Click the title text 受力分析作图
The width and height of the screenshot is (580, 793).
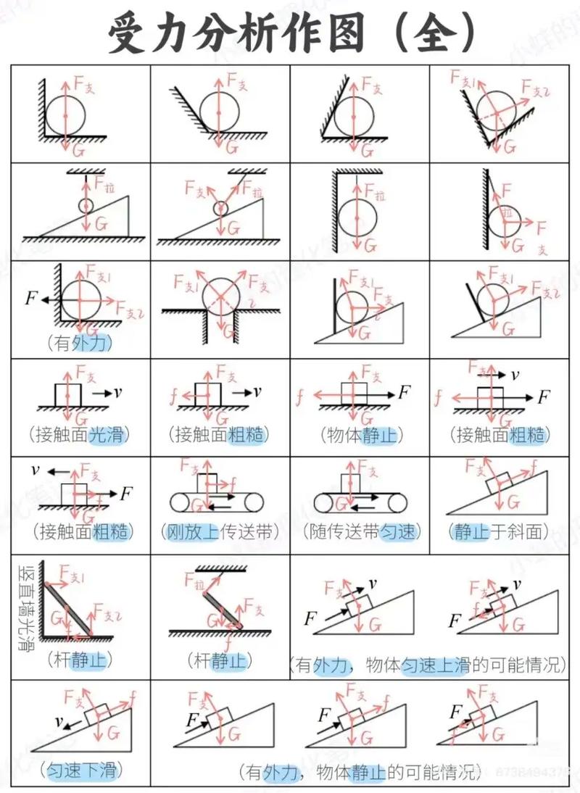236,33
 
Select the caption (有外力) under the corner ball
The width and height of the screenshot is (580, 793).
80,343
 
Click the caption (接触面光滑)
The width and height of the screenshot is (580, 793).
80,435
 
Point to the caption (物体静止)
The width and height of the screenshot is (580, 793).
361,435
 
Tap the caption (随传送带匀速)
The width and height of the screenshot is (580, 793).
361,532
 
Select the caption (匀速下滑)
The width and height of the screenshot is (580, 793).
80,770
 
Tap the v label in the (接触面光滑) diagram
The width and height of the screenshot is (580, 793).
117,392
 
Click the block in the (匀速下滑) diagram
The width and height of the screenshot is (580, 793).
97,714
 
